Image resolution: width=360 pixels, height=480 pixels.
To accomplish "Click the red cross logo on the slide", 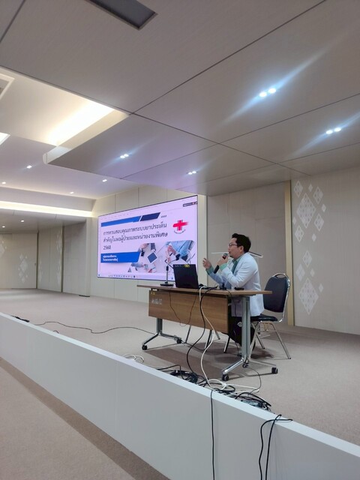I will click(180, 226).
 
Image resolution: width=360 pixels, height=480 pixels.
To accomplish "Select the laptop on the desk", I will click(186, 276).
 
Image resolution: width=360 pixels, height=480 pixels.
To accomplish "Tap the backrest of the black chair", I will click(277, 294).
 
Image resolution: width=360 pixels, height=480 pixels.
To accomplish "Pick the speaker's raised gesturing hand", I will click(207, 264).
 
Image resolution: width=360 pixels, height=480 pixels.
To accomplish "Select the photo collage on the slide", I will click(166, 256).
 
